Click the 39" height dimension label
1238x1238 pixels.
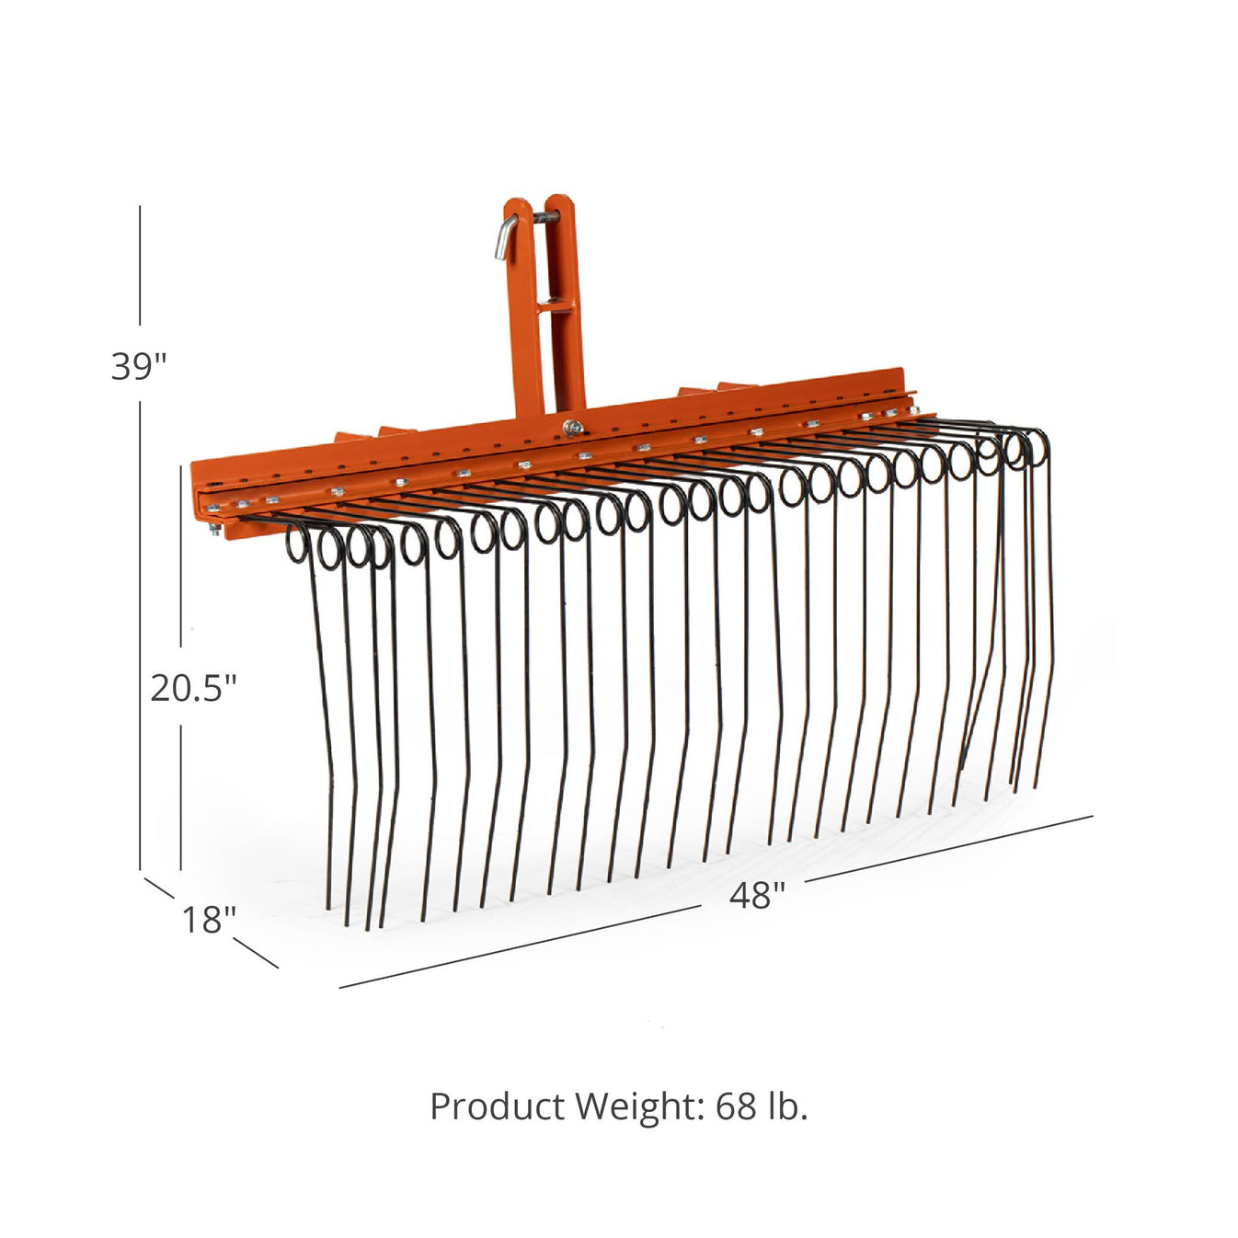(x=139, y=366)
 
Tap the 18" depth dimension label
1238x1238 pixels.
(x=208, y=919)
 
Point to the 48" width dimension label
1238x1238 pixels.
(x=757, y=895)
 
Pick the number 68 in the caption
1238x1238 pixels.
(x=736, y=1106)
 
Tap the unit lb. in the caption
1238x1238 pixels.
(x=787, y=1106)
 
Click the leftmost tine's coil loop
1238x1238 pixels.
(x=296, y=543)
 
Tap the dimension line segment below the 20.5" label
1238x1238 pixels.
(x=180, y=796)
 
